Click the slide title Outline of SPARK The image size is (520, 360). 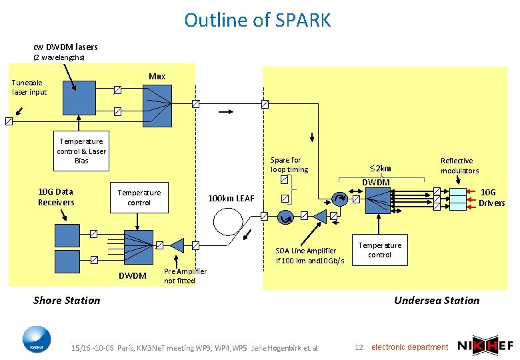(257, 20)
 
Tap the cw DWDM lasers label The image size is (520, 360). (65, 47)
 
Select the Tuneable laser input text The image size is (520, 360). (29, 87)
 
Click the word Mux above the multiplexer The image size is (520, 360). (157, 76)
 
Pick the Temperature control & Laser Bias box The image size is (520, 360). (82, 151)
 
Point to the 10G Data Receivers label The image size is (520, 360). (56, 197)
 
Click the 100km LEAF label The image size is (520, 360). (231, 198)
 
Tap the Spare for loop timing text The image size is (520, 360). (289, 165)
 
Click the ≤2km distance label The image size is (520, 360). (380, 168)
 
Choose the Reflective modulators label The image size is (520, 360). (459, 165)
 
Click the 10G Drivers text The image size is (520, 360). (493, 197)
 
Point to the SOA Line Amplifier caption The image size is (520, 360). (310, 255)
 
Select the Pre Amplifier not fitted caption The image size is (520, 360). (185, 276)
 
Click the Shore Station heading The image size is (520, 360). (67, 300)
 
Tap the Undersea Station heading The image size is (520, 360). (436, 300)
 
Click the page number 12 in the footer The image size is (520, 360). (359, 347)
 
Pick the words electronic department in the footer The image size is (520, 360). (409, 347)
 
